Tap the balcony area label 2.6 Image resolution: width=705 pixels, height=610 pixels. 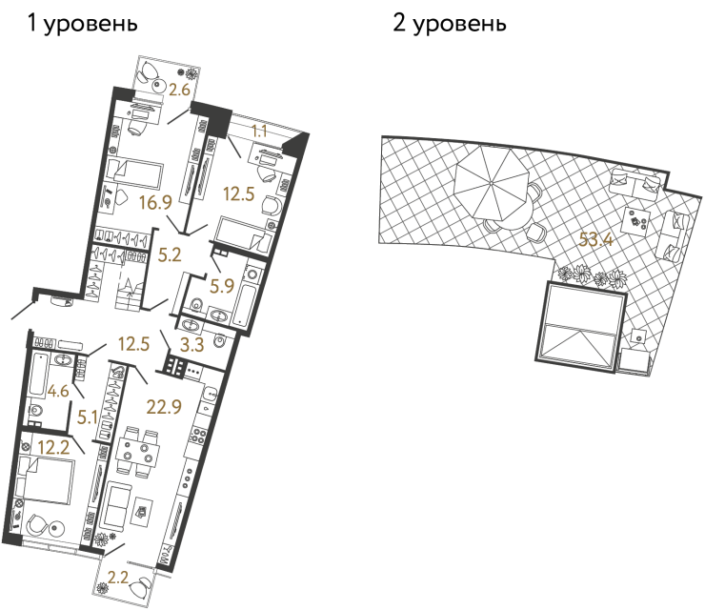tap(180, 91)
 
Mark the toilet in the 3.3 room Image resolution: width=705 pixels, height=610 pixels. tap(220, 340)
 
